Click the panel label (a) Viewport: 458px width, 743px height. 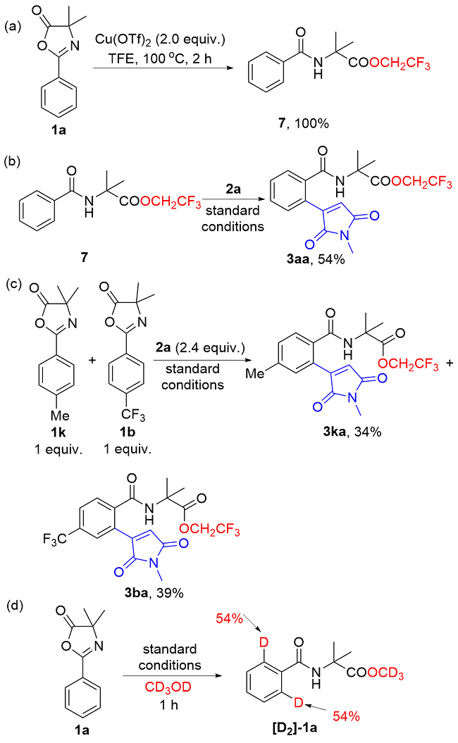pyautogui.click(x=13, y=27)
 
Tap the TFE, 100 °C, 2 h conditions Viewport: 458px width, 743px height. pyautogui.click(x=159, y=58)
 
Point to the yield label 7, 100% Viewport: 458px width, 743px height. pyautogui.click(x=304, y=123)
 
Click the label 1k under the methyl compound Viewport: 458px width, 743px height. pyautogui.click(x=58, y=432)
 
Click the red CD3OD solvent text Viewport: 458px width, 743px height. pyautogui.click(x=168, y=687)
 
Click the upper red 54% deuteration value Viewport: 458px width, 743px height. pyautogui.click(x=230, y=618)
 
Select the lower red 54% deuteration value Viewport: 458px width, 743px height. pyautogui.click(x=346, y=716)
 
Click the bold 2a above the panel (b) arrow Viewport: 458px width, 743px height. pyautogui.click(x=233, y=189)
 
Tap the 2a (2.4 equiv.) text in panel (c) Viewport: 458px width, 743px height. pyautogui.click(x=201, y=348)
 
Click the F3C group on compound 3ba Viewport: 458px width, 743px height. pyautogui.click(x=54, y=539)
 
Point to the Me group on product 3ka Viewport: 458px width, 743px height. pyautogui.click(x=254, y=373)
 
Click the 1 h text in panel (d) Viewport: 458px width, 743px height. pyautogui.click(x=169, y=705)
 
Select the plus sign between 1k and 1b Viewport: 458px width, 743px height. pyautogui.click(x=92, y=360)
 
